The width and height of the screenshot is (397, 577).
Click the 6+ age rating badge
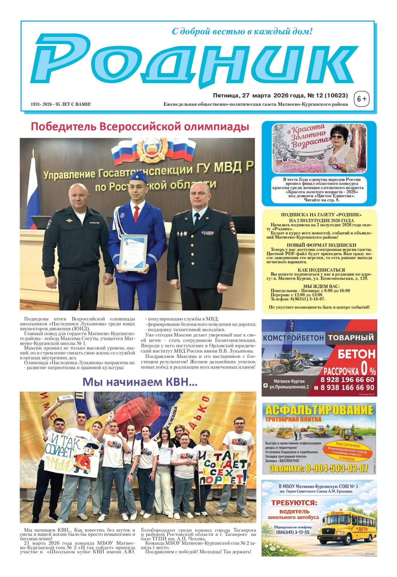[362, 99]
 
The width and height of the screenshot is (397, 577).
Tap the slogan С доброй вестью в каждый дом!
[242, 31]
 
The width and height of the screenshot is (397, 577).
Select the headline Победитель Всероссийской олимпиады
[140, 127]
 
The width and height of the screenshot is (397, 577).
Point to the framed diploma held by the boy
[133, 252]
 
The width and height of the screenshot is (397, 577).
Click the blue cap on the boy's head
[139, 177]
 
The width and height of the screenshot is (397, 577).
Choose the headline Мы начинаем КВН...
[140, 382]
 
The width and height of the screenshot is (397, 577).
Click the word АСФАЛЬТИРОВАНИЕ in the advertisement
[319, 410]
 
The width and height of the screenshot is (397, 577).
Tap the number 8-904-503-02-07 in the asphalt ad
[319, 468]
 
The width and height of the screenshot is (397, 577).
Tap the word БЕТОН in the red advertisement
[356, 354]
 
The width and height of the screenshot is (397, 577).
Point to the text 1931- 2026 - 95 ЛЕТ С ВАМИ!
[61, 104]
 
